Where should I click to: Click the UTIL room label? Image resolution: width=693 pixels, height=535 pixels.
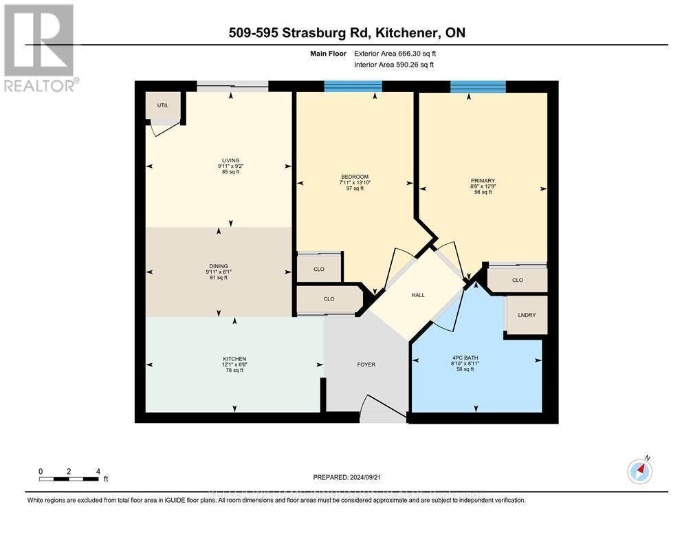[x=163, y=105]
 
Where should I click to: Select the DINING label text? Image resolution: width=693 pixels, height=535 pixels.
[x=219, y=266]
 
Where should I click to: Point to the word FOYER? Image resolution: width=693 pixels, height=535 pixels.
[x=366, y=364]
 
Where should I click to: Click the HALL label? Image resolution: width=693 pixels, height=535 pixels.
[x=418, y=295]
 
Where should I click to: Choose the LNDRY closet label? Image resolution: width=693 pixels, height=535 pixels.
[x=527, y=315]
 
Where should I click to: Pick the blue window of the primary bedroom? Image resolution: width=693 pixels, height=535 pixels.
[x=478, y=87]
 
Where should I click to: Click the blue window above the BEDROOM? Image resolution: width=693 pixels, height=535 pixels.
[x=353, y=87]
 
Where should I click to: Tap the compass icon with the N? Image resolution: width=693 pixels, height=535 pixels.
[x=640, y=471]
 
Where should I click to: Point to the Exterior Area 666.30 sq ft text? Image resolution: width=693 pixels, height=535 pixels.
[x=395, y=53]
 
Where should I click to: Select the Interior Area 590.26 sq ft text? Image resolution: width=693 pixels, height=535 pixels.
[x=394, y=65]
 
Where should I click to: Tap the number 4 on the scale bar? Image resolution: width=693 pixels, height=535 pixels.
[x=98, y=471]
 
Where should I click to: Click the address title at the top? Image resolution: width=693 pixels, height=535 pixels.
[x=353, y=33]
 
